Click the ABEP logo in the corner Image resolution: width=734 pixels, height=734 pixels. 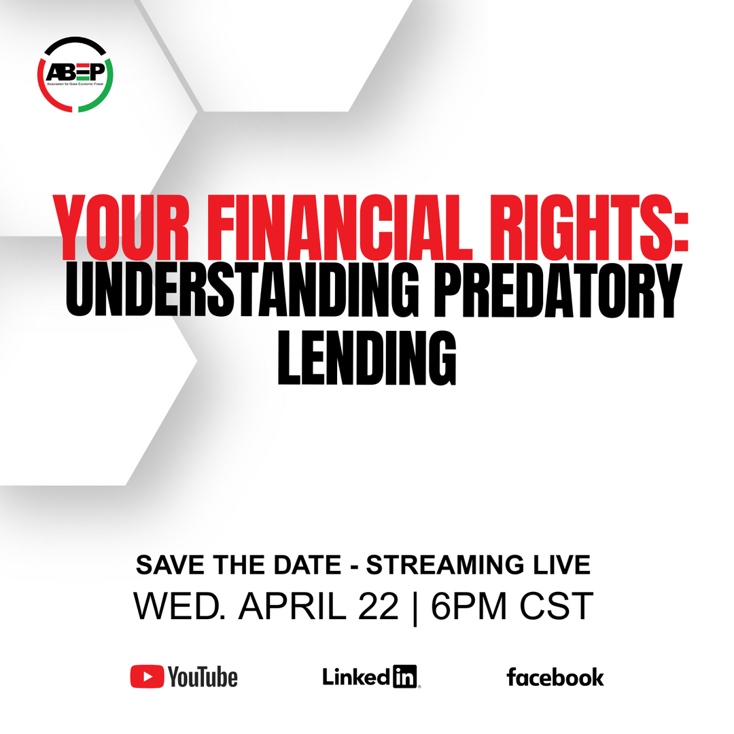click(x=75, y=75)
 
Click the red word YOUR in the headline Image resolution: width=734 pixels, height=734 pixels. click(x=122, y=228)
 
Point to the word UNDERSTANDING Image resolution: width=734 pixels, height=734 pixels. click(x=242, y=290)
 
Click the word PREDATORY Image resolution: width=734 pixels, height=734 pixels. click(x=557, y=290)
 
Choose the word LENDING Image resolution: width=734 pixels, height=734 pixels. click(x=367, y=358)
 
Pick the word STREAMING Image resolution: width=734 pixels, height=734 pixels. click(x=445, y=565)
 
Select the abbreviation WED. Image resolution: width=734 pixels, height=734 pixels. click(x=179, y=606)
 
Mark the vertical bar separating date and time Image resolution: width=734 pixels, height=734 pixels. click(x=415, y=608)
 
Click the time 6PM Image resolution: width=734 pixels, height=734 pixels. click(x=468, y=606)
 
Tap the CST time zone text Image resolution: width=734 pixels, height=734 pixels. click(x=557, y=606)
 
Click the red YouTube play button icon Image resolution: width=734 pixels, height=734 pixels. click(x=147, y=676)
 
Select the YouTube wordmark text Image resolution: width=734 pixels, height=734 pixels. click(x=203, y=677)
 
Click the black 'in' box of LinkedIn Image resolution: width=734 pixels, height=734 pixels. click(x=404, y=676)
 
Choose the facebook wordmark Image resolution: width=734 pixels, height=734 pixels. click(x=555, y=678)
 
